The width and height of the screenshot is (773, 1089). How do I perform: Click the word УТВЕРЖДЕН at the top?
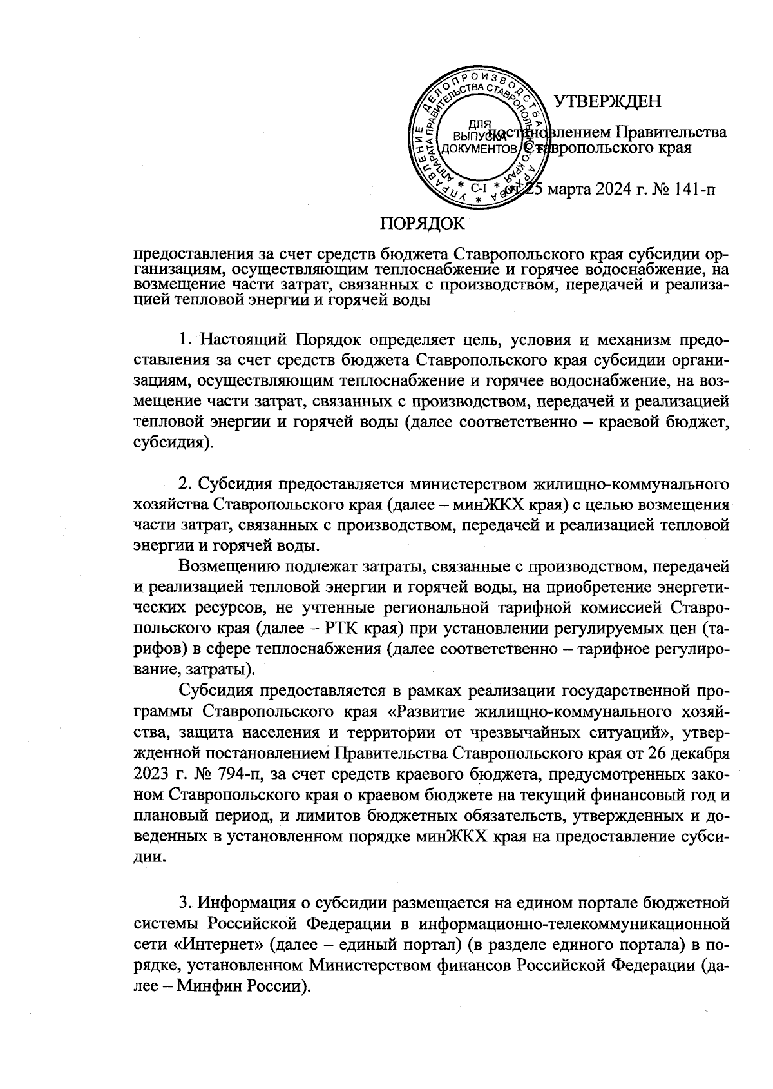[x=608, y=101]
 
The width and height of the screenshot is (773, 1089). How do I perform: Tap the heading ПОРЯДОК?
[x=422, y=223]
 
